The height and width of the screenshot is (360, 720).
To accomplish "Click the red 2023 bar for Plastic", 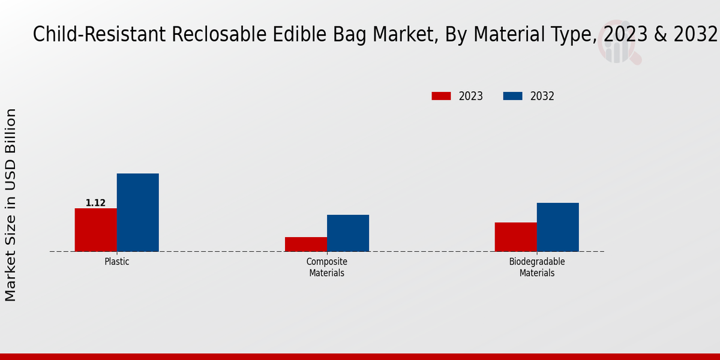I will (x=95, y=230).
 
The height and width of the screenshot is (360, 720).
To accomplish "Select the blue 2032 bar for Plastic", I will (x=137, y=212).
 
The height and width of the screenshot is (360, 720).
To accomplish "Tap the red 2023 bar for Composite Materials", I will (x=306, y=244).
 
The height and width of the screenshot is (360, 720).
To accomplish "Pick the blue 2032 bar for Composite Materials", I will (x=348, y=233).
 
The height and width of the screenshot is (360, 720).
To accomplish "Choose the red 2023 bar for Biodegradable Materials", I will (x=515, y=237).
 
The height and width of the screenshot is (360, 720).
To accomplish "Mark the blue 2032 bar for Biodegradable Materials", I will (x=557, y=227).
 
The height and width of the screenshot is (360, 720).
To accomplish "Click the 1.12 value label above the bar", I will (x=95, y=203).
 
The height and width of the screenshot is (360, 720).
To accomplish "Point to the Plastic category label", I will (x=116, y=262).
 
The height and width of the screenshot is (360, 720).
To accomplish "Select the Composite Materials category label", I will (x=327, y=267).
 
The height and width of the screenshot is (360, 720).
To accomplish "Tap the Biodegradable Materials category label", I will (x=537, y=267).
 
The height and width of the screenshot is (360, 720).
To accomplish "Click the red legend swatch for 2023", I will (x=441, y=96).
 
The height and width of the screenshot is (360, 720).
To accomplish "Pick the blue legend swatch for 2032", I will (x=512, y=96).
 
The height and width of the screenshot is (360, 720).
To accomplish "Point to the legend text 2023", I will (x=470, y=96).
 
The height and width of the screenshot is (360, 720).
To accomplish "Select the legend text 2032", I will (x=542, y=96).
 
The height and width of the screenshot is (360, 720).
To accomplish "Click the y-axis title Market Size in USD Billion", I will (x=11, y=205).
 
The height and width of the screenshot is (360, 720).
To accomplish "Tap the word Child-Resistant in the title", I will (x=100, y=35).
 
